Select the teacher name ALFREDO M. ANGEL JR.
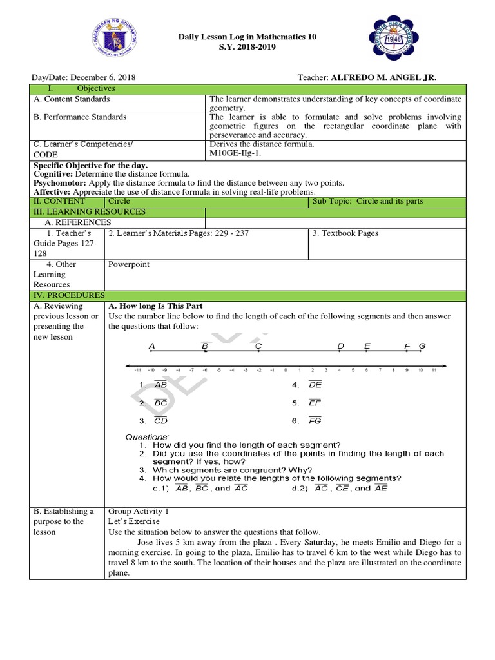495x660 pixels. (383, 77)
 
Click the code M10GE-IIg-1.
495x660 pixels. (236, 154)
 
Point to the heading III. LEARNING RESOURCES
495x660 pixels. (90, 212)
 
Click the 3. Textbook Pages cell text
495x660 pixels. (345, 233)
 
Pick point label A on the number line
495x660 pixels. (152, 347)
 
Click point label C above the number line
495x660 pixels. (258, 347)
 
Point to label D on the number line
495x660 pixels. (341, 347)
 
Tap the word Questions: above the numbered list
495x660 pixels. (147, 437)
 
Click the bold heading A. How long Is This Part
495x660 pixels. (155, 306)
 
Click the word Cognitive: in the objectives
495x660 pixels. (53, 174)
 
